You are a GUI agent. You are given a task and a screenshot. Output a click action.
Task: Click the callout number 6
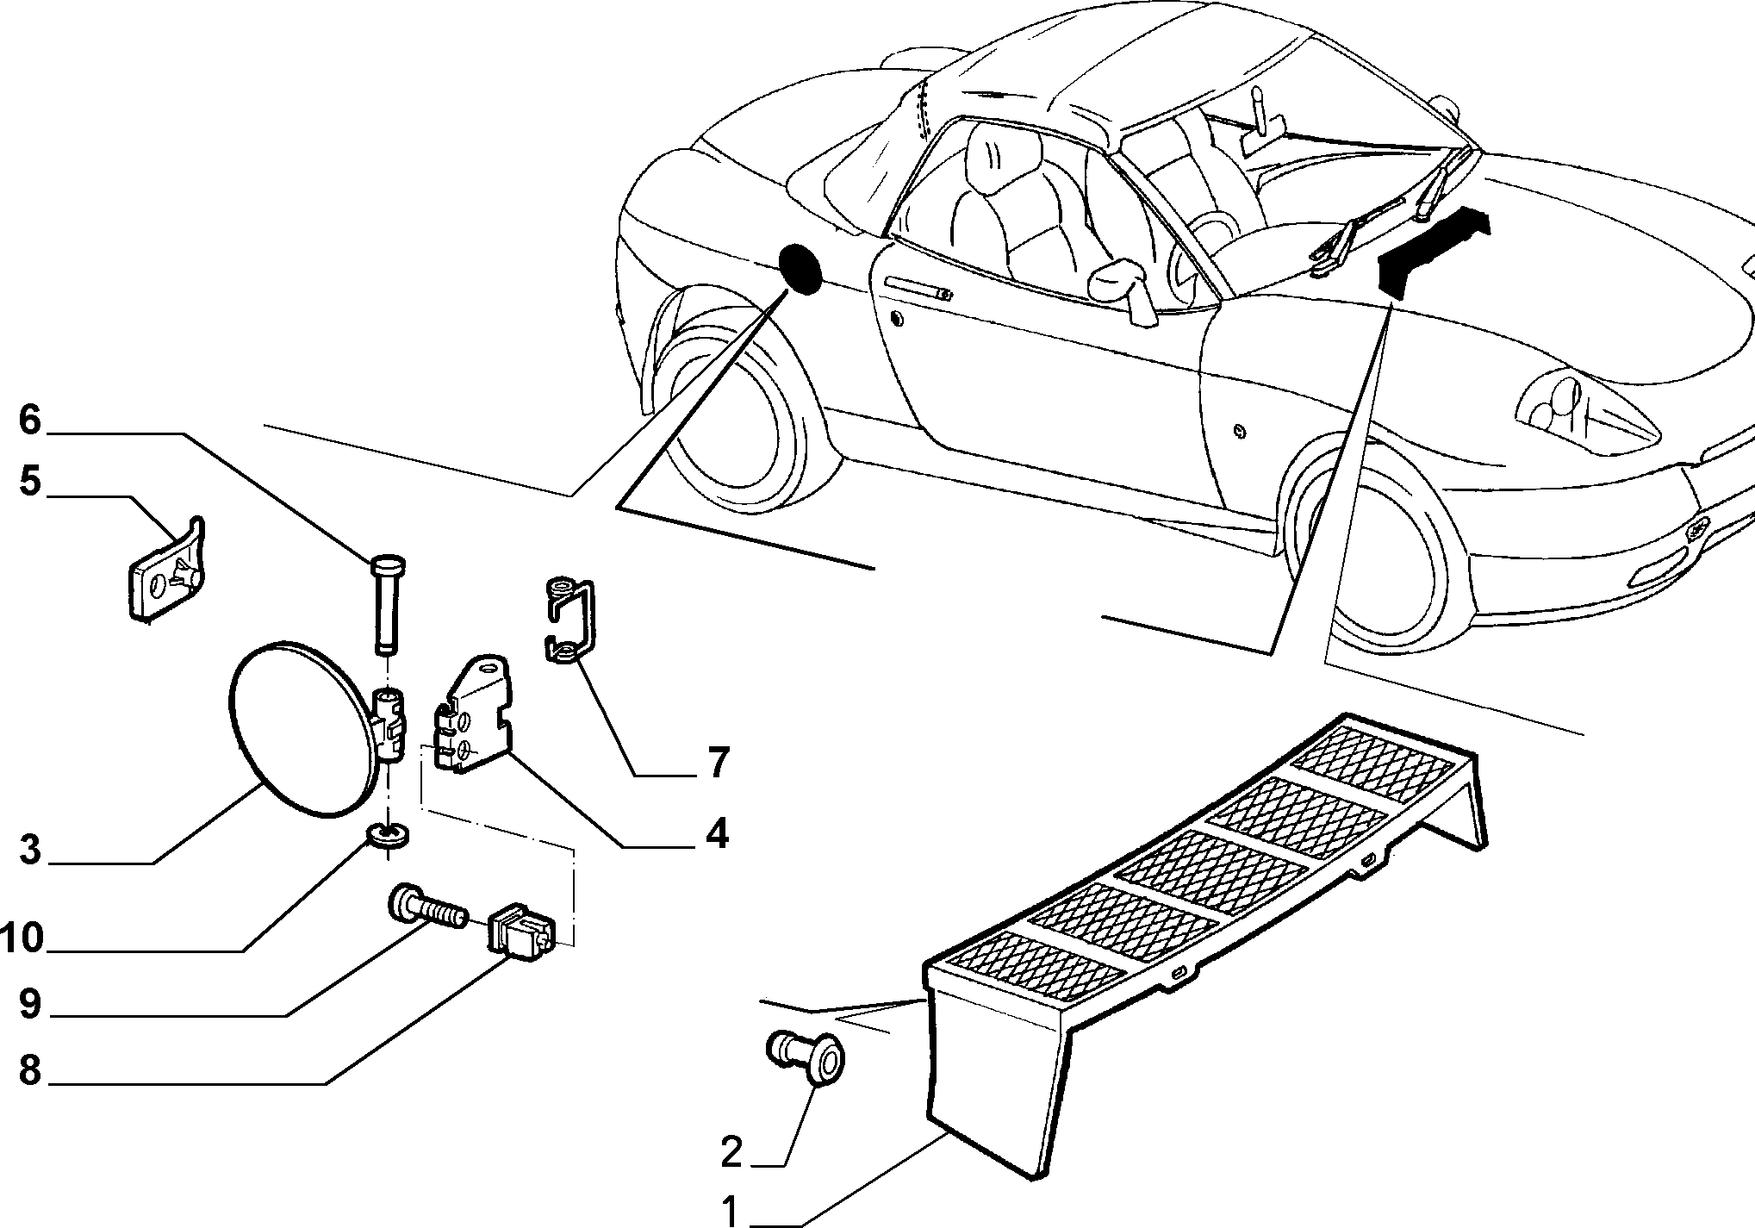tap(30, 421)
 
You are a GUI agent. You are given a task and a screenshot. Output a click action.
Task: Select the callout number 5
tap(30, 482)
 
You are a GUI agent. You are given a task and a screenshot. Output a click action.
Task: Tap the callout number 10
tap(22, 938)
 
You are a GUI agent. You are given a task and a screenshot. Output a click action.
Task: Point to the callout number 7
tap(717, 763)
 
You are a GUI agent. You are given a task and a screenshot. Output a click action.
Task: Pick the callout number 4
tap(717, 834)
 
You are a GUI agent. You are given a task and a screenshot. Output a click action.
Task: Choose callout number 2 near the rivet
tap(731, 1153)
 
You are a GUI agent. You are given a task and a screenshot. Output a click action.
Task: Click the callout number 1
tap(731, 1212)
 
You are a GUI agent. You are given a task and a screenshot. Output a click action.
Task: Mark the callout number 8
tap(30, 1072)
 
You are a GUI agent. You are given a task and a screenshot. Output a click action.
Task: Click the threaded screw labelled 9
tap(427, 908)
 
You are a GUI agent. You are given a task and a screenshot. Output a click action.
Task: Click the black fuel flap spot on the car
tap(800, 268)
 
